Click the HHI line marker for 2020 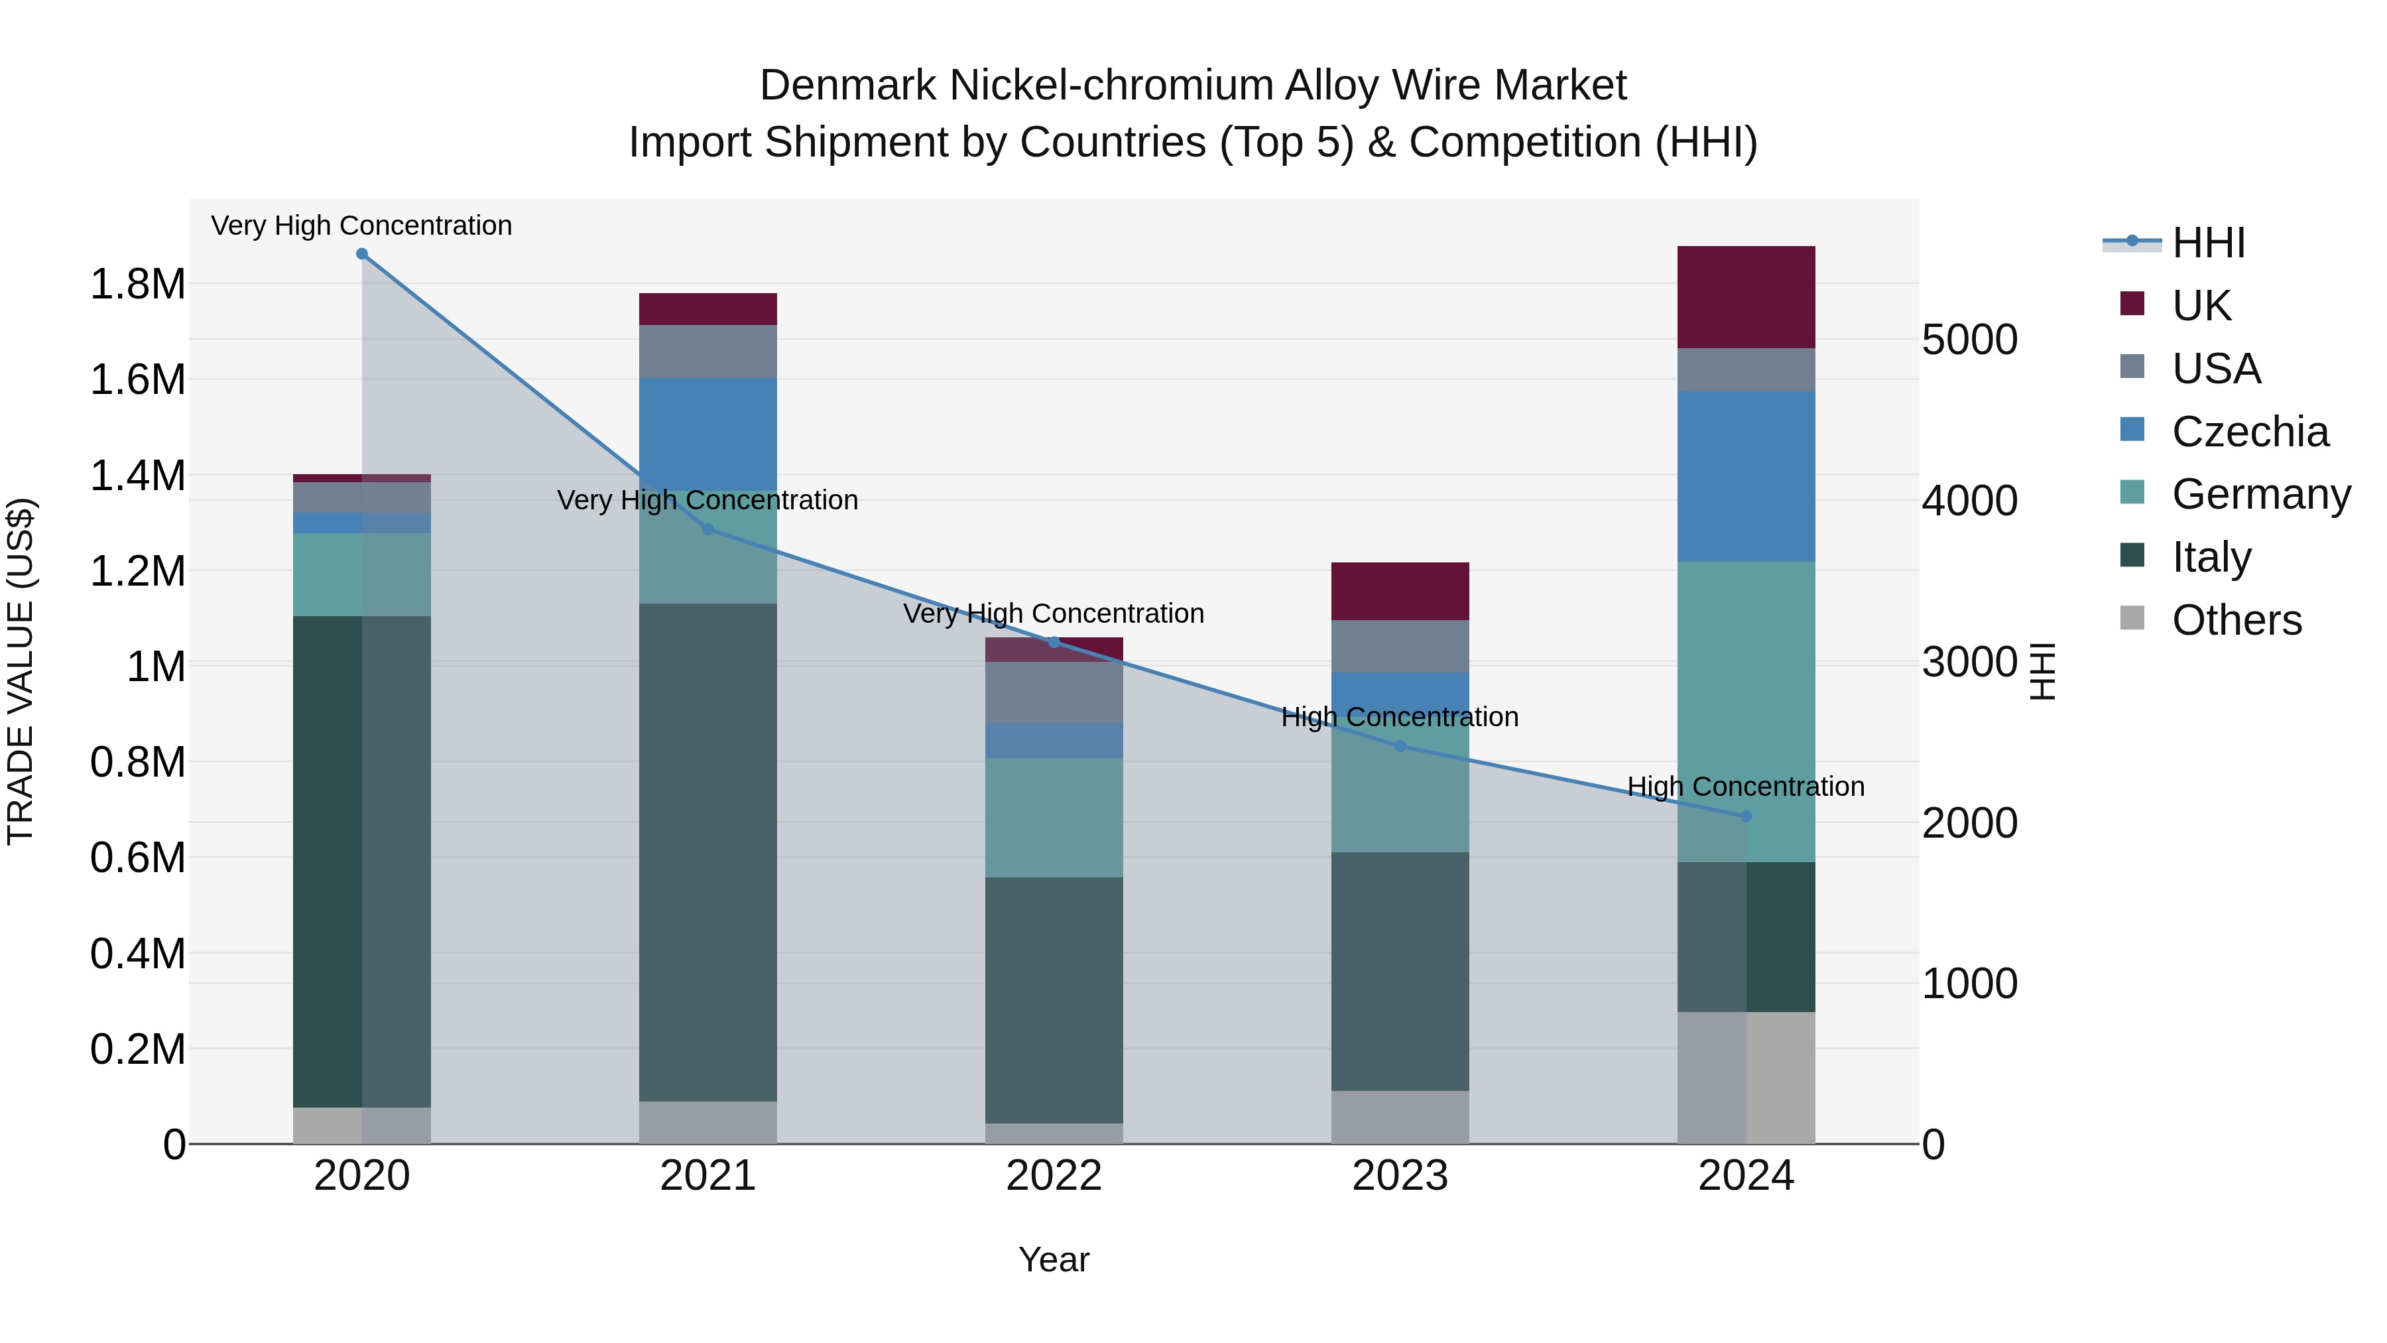pyautogui.click(x=362, y=254)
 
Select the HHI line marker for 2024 pyautogui.click(x=1746, y=816)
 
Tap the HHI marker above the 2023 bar pyautogui.click(x=1400, y=746)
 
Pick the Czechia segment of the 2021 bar pyautogui.click(x=708, y=434)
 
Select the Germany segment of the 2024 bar pyautogui.click(x=1746, y=711)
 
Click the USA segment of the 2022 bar pyautogui.click(x=1054, y=692)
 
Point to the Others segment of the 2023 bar pyautogui.click(x=1400, y=1117)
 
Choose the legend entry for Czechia pyautogui.click(x=2249, y=432)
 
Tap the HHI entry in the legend pyautogui.click(x=2207, y=243)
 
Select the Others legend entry pyautogui.click(x=2236, y=620)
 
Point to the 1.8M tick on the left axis pyautogui.click(x=137, y=284)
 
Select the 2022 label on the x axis pyautogui.click(x=1054, y=1176)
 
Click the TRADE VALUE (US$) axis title pyautogui.click(x=21, y=671)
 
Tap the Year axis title pyautogui.click(x=1054, y=1259)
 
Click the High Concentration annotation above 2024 pyautogui.click(x=1746, y=786)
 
